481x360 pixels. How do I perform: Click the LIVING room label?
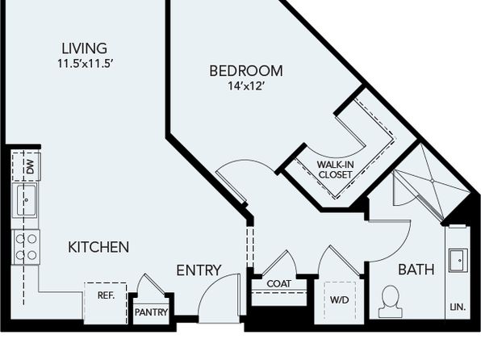point(85,48)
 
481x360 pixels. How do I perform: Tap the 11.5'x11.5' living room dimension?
point(86,64)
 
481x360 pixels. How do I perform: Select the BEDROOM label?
point(246,71)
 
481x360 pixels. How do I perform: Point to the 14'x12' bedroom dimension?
point(245,86)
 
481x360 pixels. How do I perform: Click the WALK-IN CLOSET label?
point(335,170)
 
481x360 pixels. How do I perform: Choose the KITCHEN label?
point(98,247)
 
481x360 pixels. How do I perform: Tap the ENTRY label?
point(199,270)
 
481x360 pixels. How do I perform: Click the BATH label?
point(416,270)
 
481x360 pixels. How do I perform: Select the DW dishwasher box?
point(27,166)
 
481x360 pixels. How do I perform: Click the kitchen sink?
point(26,200)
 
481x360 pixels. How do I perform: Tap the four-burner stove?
point(26,247)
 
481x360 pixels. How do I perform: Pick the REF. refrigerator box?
point(106,303)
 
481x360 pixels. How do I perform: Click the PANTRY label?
point(151,312)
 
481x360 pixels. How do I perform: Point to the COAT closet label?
point(279,283)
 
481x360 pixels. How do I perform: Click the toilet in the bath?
point(391,302)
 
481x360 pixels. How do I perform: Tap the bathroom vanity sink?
point(458,260)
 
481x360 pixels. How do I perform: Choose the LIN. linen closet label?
point(458,307)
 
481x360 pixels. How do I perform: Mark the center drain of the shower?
point(433,181)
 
